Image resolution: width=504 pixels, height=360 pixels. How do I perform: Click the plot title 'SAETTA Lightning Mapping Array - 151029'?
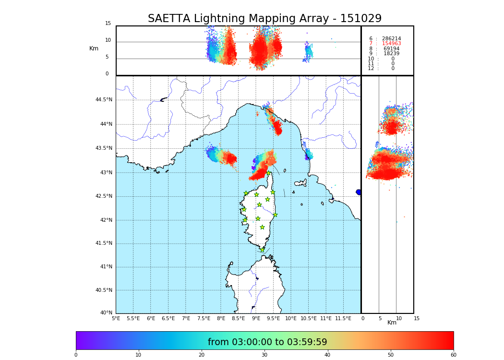(x=264, y=19)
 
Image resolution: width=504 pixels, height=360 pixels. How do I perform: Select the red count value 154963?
(x=391, y=44)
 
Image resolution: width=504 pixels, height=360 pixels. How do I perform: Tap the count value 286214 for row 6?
(x=391, y=39)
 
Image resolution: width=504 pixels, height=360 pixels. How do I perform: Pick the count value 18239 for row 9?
(x=391, y=54)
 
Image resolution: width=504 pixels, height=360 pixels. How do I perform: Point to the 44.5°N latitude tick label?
(x=104, y=100)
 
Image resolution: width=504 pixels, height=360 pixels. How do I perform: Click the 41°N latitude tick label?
(x=105, y=267)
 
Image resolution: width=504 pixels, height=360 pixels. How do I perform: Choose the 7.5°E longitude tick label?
(x=204, y=318)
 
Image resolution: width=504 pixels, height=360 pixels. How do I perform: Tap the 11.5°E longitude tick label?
(x=343, y=318)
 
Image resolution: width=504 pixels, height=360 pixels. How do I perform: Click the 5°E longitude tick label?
(x=116, y=318)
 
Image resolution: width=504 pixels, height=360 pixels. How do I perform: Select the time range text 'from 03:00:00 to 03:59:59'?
(x=267, y=342)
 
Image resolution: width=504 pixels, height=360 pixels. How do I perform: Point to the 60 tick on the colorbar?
(x=453, y=355)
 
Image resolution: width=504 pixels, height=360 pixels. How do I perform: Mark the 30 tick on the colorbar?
(x=264, y=355)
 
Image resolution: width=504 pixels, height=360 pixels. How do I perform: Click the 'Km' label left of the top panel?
(x=94, y=48)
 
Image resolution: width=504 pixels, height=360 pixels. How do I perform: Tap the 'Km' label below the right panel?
(x=392, y=323)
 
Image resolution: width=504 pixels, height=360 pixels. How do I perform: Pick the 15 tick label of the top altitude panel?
(x=108, y=24)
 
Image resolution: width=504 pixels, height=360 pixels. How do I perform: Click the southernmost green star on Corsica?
(x=262, y=250)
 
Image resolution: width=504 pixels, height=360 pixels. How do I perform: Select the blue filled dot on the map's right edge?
(x=359, y=192)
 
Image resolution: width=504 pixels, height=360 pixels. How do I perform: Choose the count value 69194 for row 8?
(x=391, y=49)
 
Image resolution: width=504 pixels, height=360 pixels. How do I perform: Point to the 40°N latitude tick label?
(x=106, y=313)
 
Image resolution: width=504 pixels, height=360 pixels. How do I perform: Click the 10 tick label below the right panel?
(x=399, y=318)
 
